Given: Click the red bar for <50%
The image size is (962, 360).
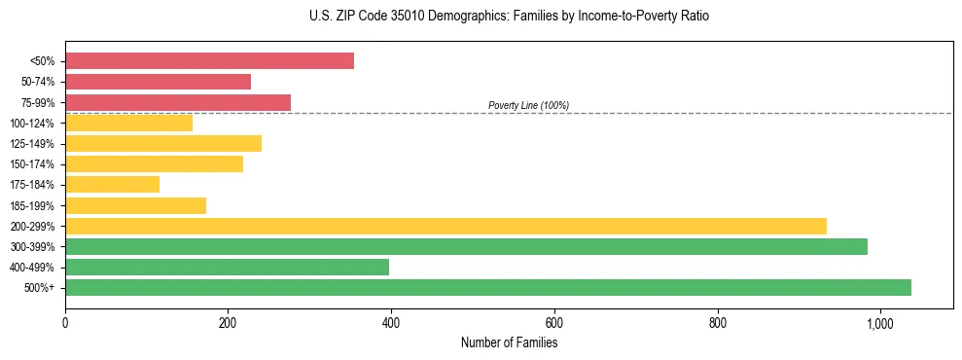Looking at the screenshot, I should [209, 61].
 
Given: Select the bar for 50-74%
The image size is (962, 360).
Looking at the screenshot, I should [158, 82].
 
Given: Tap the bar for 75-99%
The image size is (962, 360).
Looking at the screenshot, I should [178, 102].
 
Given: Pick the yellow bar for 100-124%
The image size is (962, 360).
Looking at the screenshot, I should [128, 123].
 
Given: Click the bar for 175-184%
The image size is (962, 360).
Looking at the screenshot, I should [112, 185].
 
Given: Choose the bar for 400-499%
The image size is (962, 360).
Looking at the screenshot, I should [227, 267].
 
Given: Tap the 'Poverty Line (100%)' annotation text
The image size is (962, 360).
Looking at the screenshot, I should [528, 105].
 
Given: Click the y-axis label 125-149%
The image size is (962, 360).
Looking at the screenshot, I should [32, 144].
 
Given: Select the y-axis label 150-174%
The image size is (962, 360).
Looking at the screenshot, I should [32, 164].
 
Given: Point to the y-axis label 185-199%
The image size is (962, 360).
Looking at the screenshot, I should [32, 205].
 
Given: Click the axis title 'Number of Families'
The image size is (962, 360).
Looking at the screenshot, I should [509, 342].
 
